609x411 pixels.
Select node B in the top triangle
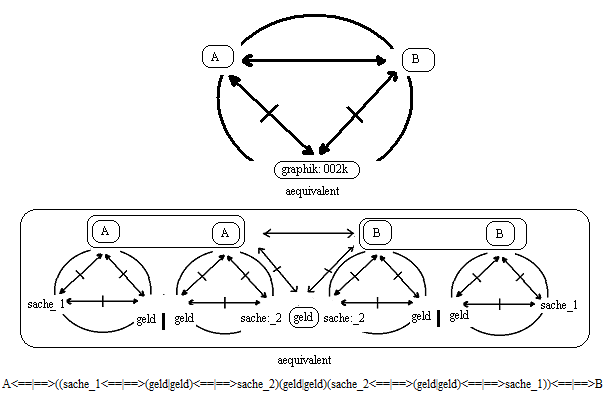tap(417, 60)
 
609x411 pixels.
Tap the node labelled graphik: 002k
tap(316, 170)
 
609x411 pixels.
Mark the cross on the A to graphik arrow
tap(268, 114)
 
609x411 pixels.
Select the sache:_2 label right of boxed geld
tap(346, 318)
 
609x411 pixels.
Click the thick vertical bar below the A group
tap(162, 325)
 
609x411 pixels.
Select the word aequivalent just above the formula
tap(304, 359)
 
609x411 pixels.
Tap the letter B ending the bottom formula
tap(598, 384)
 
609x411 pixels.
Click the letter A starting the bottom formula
tap(6, 384)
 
